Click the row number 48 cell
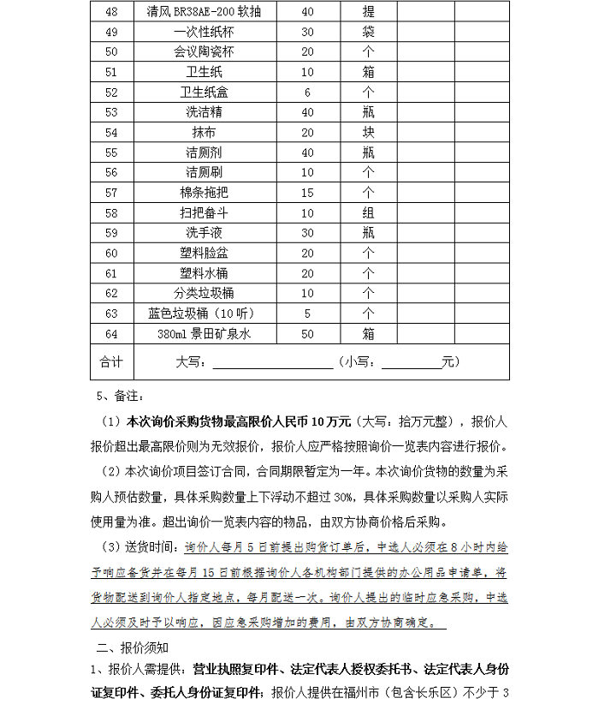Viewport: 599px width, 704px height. point(110,12)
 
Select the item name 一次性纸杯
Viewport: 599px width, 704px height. point(204,32)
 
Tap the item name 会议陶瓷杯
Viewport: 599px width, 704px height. point(204,51)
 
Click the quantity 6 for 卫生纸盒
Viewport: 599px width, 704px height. point(307,92)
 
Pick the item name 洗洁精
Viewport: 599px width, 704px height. point(204,112)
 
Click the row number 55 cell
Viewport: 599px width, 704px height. point(110,152)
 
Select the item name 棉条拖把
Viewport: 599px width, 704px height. point(204,193)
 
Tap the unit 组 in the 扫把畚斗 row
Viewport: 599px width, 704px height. point(368,212)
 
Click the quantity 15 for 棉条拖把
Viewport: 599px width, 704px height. point(307,193)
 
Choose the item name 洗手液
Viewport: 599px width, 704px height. point(204,233)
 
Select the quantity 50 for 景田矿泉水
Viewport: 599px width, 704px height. point(307,333)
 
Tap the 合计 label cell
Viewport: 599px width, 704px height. point(110,361)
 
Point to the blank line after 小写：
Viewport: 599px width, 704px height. point(411,363)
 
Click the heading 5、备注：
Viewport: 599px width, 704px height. point(123,396)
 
